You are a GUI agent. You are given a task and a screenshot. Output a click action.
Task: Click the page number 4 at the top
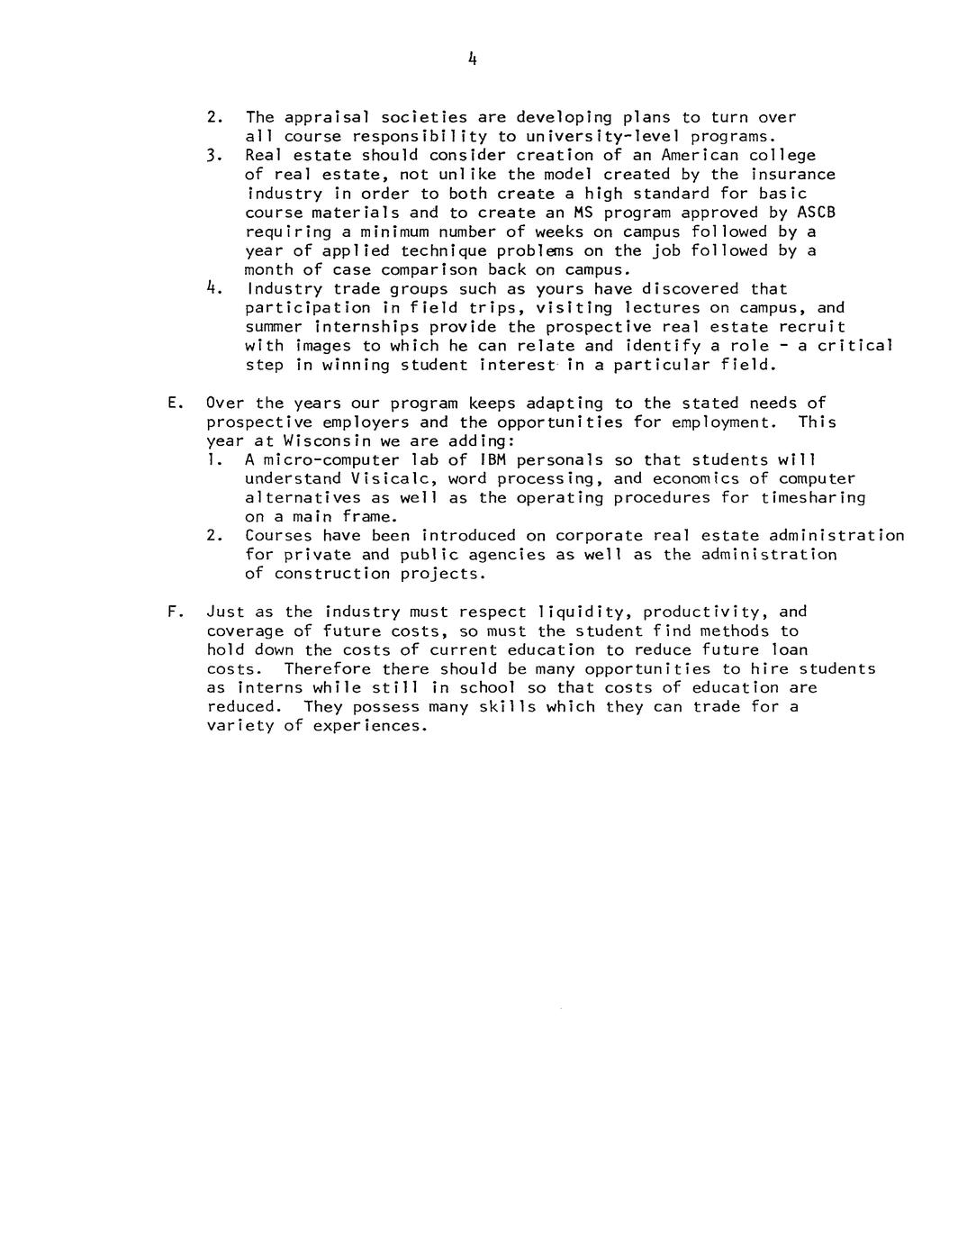[x=472, y=59]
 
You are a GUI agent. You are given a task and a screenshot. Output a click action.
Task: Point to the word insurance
[x=792, y=174]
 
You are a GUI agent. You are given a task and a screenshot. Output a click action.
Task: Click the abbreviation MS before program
[x=583, y=213]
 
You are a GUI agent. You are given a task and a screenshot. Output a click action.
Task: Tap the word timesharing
[x=812, y=498]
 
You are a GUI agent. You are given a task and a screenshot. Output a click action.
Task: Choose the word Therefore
[x=327, y=669]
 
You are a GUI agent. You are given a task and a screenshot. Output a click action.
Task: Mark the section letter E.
[x=173, y=404]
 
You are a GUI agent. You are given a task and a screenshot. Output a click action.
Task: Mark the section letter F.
[x=173, y=612]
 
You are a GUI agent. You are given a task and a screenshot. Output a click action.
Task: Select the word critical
[x=854, y=346]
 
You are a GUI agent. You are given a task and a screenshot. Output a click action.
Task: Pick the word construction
[x=331, y=574]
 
